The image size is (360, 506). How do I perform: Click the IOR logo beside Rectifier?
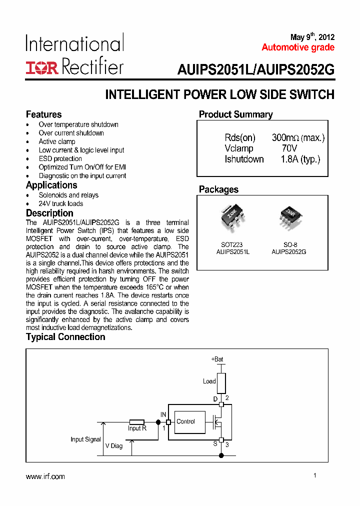point(42,67)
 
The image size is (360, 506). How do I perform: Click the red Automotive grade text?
point(298,47)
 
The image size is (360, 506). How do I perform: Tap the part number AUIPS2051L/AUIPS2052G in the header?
point(255,70)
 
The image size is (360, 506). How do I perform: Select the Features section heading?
point(44,114)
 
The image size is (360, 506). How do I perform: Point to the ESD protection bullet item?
point(60,158)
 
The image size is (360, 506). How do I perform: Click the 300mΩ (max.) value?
point(298,138)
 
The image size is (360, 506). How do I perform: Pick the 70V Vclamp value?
point(289,148)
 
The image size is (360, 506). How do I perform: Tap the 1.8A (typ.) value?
point(300,159)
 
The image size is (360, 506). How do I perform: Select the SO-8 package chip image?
point(289,216)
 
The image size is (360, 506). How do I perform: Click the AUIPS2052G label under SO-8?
point(288,252)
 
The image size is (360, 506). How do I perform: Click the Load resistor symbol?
point(221,382)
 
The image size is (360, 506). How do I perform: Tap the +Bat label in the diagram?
point(217,359)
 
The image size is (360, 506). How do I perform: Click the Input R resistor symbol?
point(137,422)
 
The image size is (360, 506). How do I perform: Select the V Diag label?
point(113,445)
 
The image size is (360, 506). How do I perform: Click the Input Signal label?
point(85,439)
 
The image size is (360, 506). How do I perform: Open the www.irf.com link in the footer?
point(45,476)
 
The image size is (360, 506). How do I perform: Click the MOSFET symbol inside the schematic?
point(218,422)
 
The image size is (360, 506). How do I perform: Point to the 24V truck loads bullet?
point(61,203)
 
